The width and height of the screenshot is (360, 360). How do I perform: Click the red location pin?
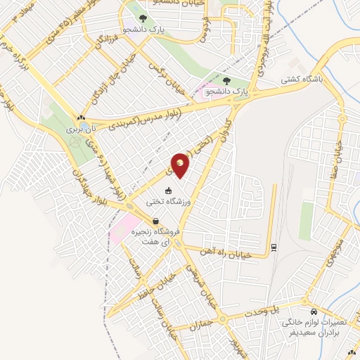tap(181, 165)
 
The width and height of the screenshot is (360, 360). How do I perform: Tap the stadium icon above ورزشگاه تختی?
tap(167, 191)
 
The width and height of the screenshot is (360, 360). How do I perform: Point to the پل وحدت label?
tap(266, 310)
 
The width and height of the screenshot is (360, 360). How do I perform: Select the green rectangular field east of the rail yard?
tap(306, 221)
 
